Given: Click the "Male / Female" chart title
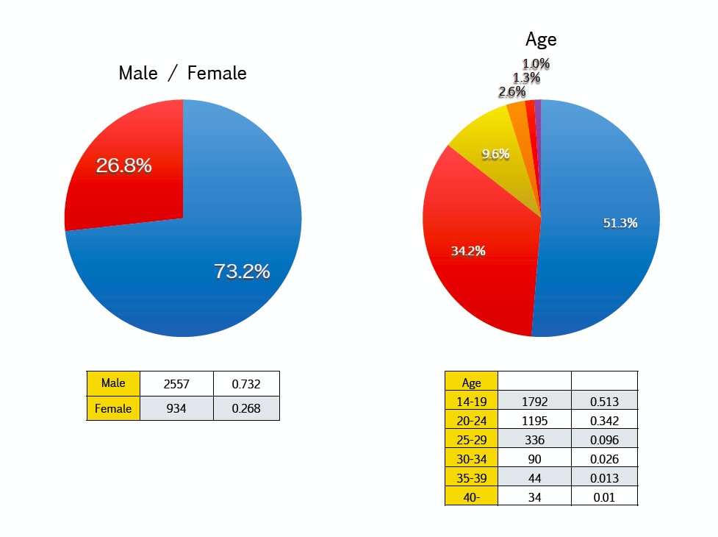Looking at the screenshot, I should (x=182, y=74).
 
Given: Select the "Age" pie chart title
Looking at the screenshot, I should (x=541, y=39).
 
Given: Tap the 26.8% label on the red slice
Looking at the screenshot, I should (x=123, y=166).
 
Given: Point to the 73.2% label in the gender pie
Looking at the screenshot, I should (x=242, y=271).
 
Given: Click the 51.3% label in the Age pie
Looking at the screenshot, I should (x=620, y=223).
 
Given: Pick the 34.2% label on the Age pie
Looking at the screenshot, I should (x=468, y=251).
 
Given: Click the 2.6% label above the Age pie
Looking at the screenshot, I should (x=511, y=92).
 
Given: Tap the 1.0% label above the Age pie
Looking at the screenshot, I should (x=536, y=64).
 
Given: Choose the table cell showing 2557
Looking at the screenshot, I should (x=176, y=384).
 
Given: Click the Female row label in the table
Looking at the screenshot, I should (x=113, y=408).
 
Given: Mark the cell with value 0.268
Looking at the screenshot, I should (x=245, y=408).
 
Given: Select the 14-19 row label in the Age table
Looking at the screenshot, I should (x=471, y=402).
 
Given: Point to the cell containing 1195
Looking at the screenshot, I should (x=534, y=421).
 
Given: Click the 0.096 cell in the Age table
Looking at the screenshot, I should (x=604, y=440).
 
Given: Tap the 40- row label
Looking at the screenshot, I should (x=471, y=497).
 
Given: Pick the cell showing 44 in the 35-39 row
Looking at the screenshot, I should (x=534, y=478).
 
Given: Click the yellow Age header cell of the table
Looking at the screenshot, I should (x=471, y=383).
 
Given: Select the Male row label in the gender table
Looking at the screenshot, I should (x=113, y=383).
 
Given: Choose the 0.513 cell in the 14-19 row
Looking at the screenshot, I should (x=604, y=402).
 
